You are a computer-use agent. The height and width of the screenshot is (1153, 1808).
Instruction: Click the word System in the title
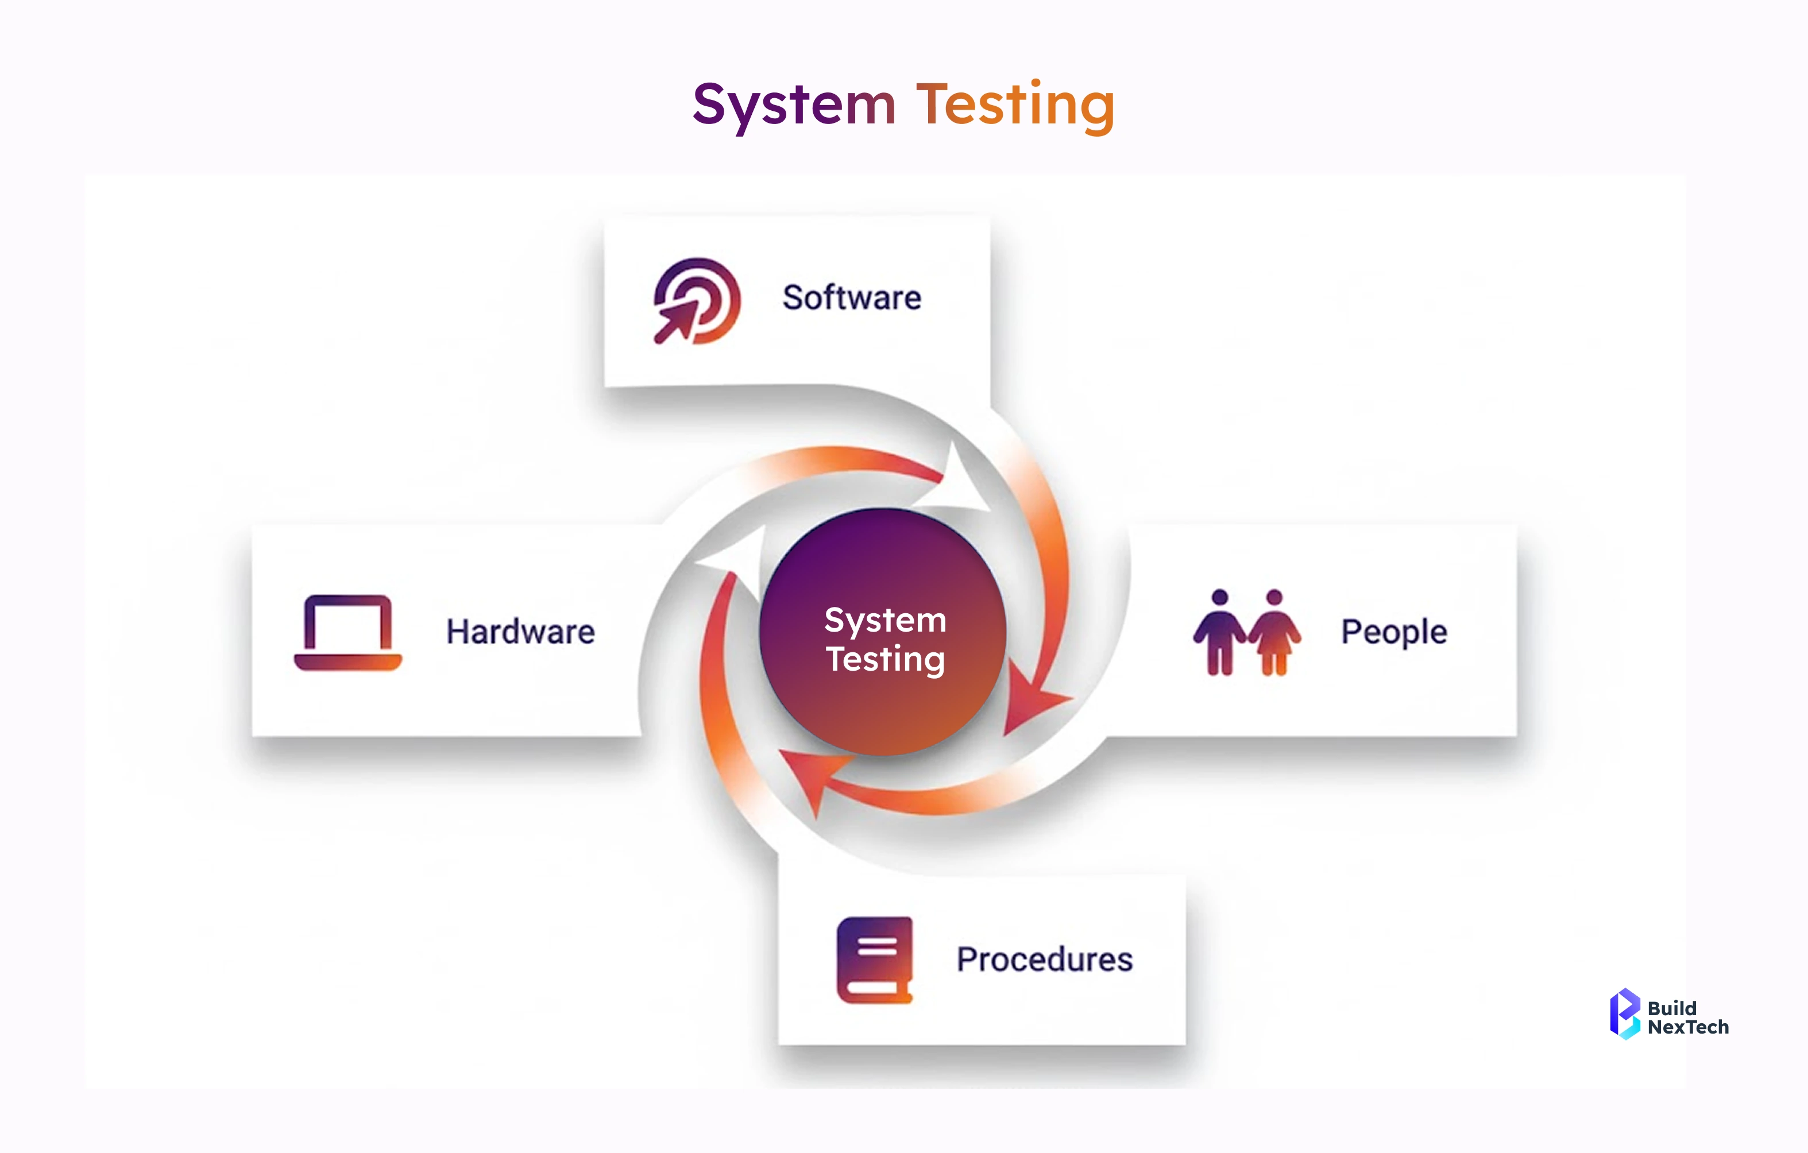point(794,105)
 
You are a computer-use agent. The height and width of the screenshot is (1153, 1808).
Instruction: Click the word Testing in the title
point(1014,105)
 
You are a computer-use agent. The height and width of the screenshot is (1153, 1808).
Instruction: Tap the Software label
point(851,298)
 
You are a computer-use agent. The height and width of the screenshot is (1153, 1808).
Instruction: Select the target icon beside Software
point(697,301)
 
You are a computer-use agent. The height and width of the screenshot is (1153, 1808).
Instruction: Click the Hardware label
point(520,632)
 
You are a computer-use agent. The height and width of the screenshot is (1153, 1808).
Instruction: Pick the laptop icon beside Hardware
point(347,632)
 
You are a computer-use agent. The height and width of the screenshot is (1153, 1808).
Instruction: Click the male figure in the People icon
point(1220,632)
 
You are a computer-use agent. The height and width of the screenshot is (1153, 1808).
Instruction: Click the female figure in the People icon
point(1274,632)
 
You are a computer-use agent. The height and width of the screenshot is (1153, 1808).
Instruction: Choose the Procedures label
point(1044,959)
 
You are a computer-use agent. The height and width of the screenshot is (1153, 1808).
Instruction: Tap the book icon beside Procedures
point(875,959)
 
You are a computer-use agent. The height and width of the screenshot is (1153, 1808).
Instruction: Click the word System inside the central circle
point(885,620)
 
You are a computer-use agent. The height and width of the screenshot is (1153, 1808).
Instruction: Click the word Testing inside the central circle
point(885,659)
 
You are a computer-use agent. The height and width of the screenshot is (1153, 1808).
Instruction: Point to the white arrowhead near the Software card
point(963,481)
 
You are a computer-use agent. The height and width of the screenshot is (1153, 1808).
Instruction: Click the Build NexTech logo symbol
point(1624,1013)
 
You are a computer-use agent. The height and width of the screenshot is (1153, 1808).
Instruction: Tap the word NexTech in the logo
point(1688,1027)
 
